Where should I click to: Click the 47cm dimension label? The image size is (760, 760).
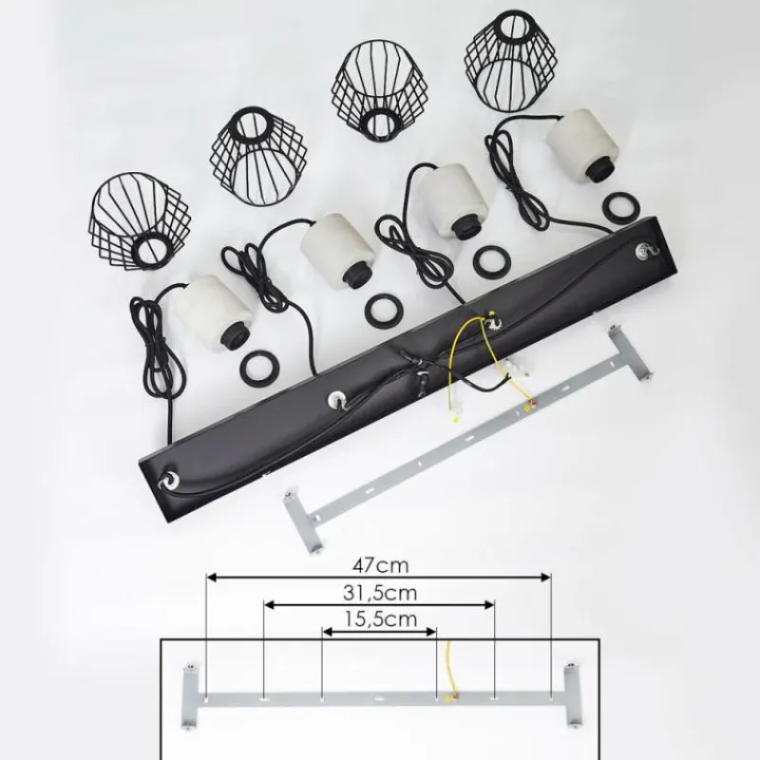pos(381,565)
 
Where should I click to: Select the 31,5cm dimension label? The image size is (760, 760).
pos(380,593)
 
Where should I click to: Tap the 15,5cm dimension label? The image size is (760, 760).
pos(381,619)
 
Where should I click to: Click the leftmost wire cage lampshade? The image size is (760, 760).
pos(140,220)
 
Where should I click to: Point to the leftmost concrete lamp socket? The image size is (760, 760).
pos(216,312)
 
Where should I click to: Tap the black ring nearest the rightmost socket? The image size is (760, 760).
pos(620,207)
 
